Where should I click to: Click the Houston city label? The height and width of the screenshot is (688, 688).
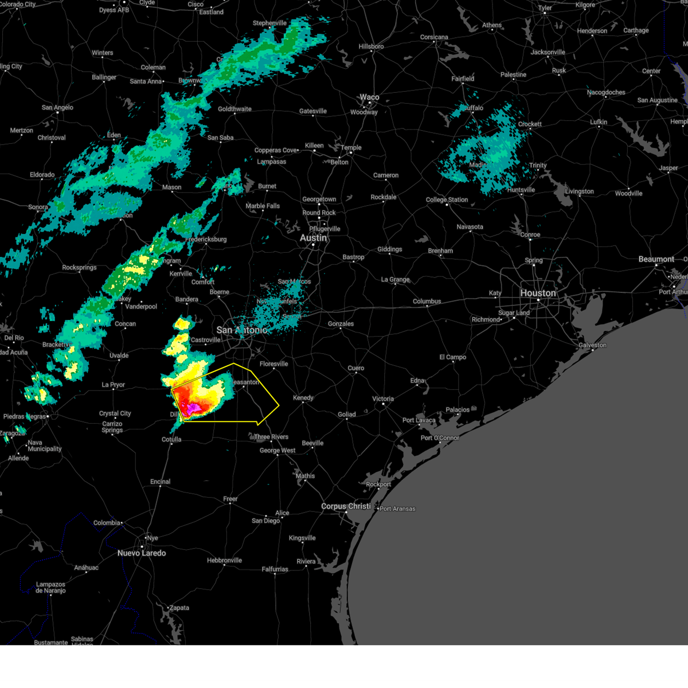(x=538, y=293)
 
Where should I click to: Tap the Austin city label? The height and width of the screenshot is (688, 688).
(x=314, y=238)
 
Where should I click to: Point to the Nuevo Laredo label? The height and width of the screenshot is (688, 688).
(x=142, y=553)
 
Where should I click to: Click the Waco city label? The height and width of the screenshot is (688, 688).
(x=369, y=97)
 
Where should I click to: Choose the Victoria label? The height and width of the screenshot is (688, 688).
(x=383, y=398)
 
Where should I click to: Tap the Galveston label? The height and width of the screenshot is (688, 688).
(x=592, y=345)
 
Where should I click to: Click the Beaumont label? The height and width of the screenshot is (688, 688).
(x=656, y=259)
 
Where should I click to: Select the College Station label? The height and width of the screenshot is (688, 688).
(x=447, y=200)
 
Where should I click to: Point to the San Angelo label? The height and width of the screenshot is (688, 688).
(x=57, y=107)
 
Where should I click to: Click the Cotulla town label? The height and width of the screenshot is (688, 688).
(x=171, y=440)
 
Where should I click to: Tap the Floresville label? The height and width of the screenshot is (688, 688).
(x=273, y=364)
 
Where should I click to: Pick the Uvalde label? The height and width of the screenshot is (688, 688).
(x=119, y=355)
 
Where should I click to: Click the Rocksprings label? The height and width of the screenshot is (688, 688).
(x=79, y=268)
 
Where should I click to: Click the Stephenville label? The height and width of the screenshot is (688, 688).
(x=269, y=24)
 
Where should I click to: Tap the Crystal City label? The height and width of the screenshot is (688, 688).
(x=115, y=413)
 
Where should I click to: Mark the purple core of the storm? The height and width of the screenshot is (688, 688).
(x=193, y=408)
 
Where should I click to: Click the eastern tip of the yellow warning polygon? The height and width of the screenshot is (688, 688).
(x=279, y=406)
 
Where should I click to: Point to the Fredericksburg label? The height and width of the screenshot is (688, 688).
(x=206, y=240)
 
